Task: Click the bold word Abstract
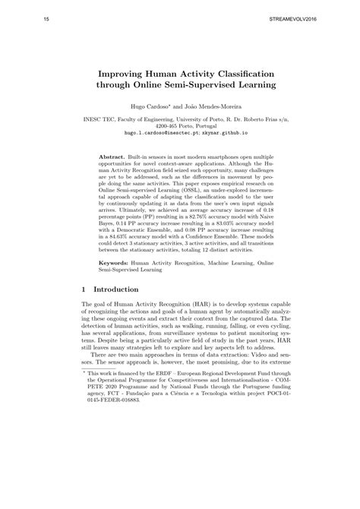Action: pos(113,155)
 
